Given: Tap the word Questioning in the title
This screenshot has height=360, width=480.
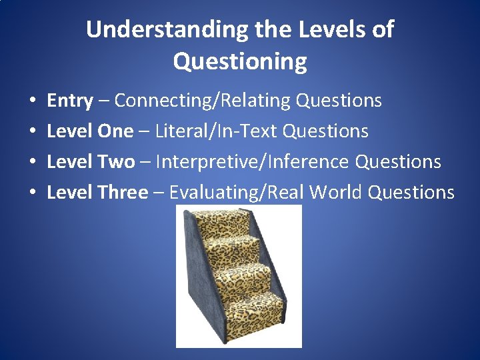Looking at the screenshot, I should tap(240, 61).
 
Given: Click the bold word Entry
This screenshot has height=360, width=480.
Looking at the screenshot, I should tap(69, 101).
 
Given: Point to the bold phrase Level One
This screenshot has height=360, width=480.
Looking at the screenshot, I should tap(90, 131).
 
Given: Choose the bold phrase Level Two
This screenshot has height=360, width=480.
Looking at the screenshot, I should tap(91, 162).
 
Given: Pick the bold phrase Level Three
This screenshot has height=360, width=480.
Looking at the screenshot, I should tap(97, 193).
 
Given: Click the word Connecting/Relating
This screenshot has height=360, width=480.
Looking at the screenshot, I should tap(203, 101).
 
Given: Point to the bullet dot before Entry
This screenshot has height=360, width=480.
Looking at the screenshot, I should tap(33, 101).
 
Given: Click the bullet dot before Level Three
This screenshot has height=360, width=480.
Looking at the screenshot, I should tap(33, 193).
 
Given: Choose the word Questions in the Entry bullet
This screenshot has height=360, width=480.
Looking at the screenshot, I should tap(339, 101).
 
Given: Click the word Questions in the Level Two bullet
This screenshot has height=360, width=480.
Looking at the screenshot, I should tap(398, 162).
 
